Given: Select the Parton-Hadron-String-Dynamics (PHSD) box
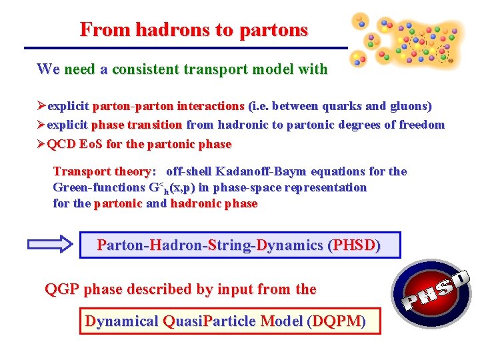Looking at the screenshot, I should (239, 245).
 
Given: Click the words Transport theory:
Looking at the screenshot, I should (105, 171).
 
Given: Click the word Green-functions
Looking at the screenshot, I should (99, 188).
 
